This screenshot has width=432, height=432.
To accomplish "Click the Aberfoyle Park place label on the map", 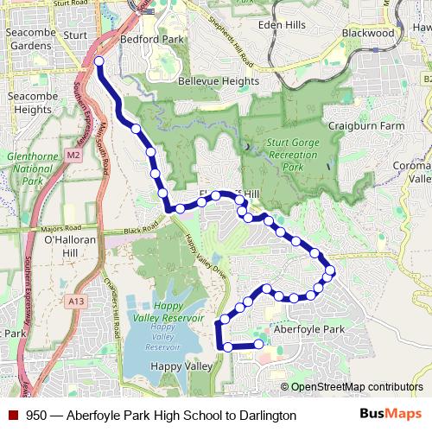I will click(x=308, y=330).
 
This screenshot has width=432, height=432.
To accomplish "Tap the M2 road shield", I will click(x=74, y=156).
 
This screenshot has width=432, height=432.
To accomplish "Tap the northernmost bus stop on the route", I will click(x=98, y=61).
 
